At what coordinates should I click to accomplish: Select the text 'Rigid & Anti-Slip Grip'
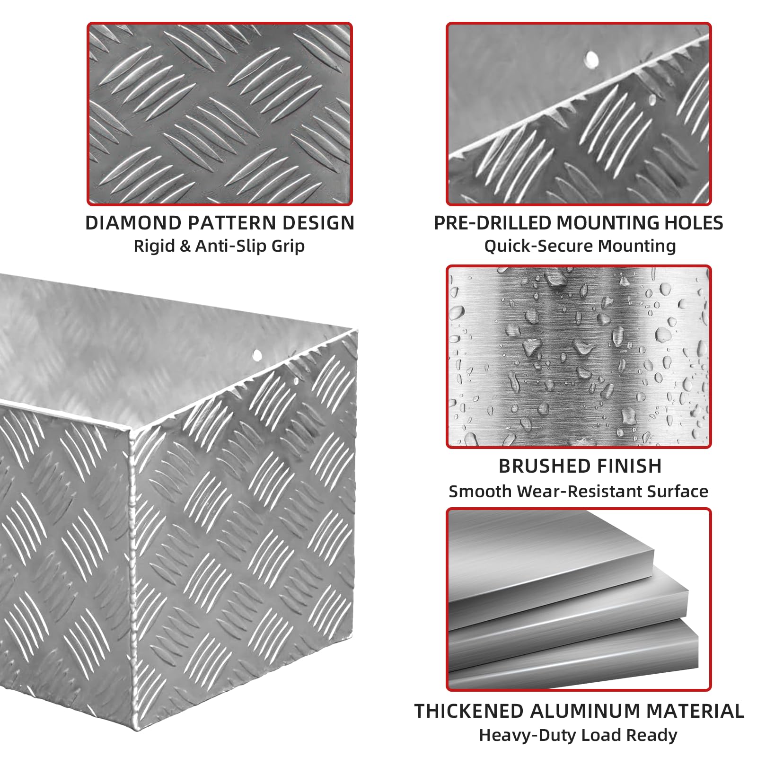pos(219,246)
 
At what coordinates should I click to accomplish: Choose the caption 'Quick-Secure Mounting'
pos(580,246)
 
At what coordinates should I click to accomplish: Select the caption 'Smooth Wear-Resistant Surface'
pos(578,492)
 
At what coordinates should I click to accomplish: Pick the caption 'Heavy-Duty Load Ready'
pos(578,735)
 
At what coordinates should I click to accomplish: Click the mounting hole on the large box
pos(257,354)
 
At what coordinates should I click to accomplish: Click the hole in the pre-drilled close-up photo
pos(591,59)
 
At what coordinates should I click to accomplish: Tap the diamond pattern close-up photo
pos(220,114)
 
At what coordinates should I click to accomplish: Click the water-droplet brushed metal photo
pos(579,357)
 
